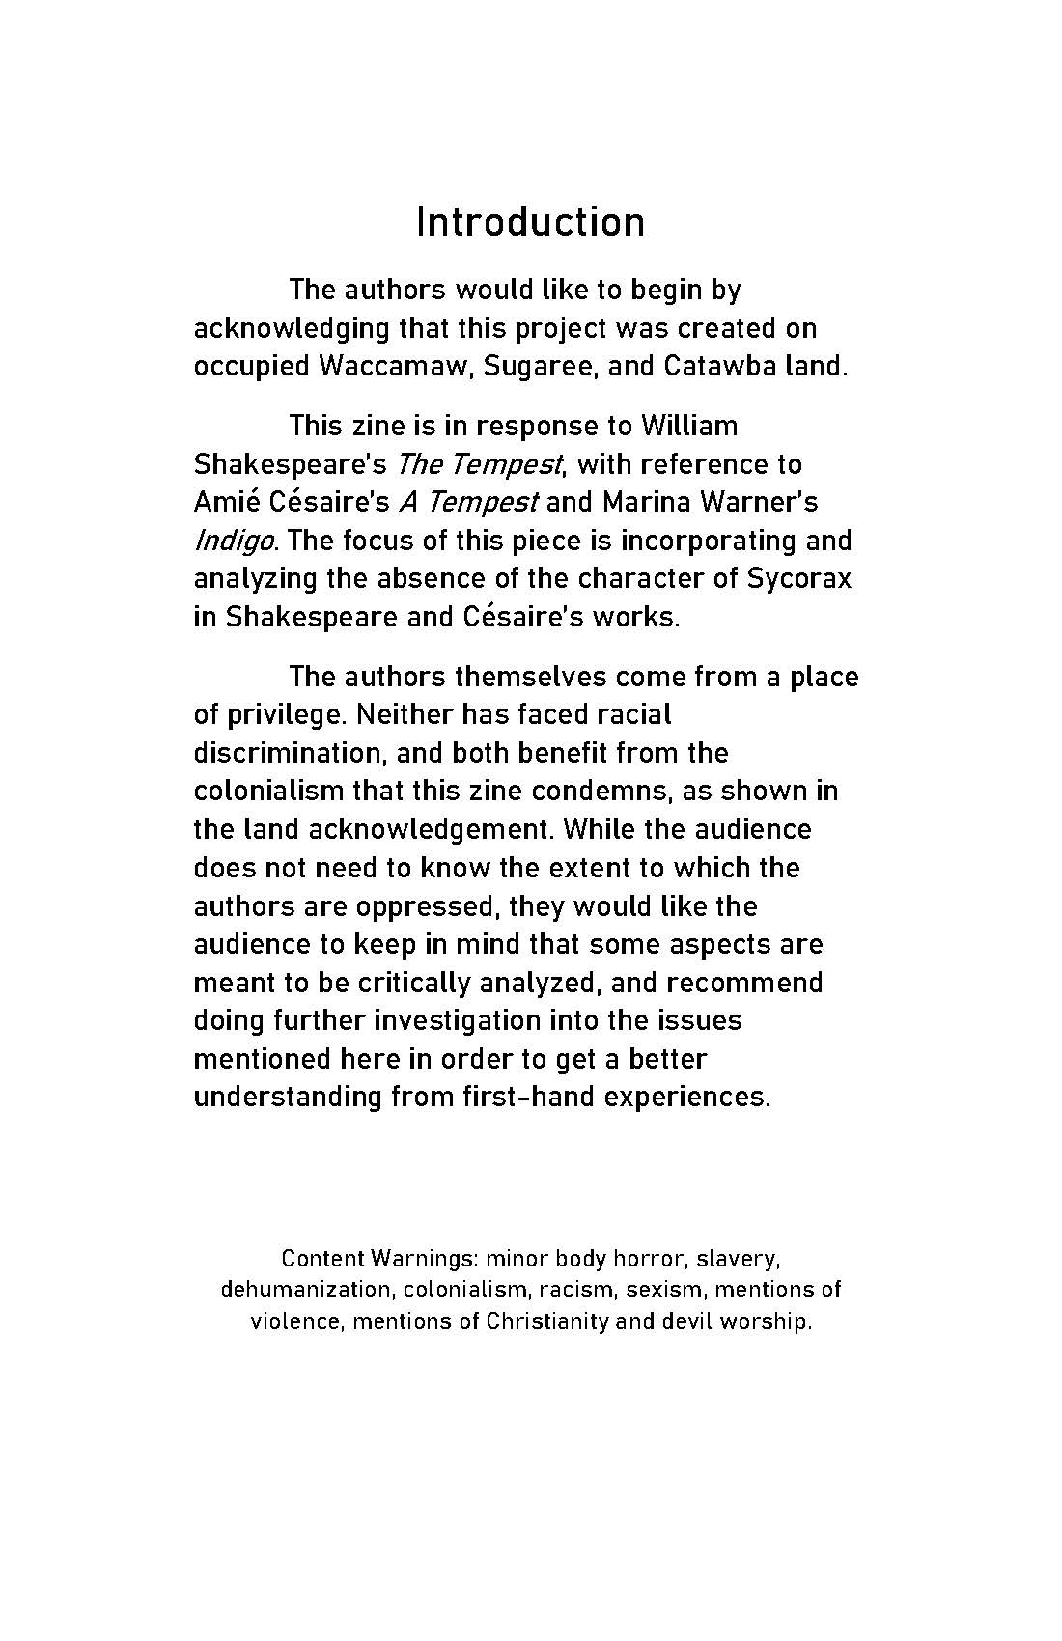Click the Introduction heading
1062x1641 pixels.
pos(530,222)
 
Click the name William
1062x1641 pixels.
pos(689,426)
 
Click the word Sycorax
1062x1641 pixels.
pos(799,579)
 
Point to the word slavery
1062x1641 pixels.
pos(738,1259)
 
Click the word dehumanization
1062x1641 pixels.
pos(305,1290)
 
